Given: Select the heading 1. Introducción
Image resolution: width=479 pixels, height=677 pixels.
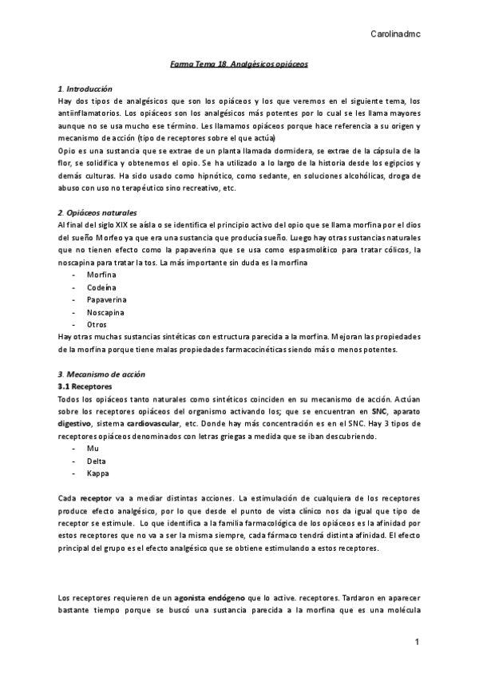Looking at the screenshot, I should pos(85,88).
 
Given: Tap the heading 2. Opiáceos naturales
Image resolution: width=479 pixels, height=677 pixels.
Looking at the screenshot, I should pos(97,213).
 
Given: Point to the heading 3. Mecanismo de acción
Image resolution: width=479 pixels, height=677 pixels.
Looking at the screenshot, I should pos(101,374).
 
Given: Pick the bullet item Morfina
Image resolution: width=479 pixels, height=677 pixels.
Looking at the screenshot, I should pos(101,275).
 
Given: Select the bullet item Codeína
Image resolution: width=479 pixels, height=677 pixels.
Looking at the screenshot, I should pos(101,287).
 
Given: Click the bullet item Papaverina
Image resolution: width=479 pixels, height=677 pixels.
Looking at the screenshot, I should pos(105,299).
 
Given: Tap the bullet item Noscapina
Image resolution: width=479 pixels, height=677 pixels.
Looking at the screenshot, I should pos(105,312).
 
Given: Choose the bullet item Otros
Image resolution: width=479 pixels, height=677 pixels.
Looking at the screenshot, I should pos(97,325).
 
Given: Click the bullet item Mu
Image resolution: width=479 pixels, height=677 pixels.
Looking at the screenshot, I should pos(93,449).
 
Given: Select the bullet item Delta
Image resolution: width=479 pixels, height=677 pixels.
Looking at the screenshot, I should pos(96,461).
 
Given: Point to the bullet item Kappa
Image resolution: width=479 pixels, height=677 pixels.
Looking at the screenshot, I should pos(97,473).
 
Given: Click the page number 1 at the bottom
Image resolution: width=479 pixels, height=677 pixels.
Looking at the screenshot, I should pos(417,642).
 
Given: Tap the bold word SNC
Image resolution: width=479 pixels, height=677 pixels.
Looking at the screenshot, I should pos(368,411).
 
